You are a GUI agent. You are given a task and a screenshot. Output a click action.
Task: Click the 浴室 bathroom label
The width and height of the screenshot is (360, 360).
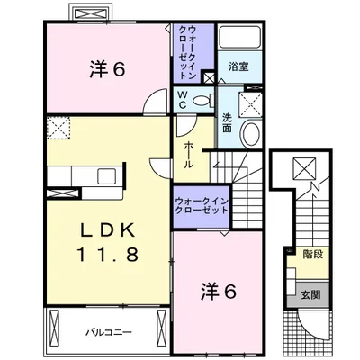click(238, 67)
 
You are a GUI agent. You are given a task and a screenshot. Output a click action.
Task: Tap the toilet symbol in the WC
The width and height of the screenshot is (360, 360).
click(203, 100)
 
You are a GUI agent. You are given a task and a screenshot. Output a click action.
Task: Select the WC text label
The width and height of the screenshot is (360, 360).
click(183, 100)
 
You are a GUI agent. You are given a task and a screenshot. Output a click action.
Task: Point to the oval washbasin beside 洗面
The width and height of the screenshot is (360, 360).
click(251, 134)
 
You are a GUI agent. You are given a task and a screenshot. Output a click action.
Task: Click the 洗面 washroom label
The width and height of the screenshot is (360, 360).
click(227, 122)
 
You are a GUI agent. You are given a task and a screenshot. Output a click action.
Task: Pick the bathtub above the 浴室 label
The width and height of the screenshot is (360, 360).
click(239, 37)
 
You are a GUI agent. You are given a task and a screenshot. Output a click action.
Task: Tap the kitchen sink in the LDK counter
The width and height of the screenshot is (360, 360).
click(107, 176)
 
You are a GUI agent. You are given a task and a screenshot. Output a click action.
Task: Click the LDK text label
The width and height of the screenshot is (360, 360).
click(108, 231)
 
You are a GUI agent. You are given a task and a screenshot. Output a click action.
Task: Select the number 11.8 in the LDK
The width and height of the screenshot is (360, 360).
click(108, 255)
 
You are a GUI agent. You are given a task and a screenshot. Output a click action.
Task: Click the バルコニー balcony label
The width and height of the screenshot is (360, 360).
click(109, 332)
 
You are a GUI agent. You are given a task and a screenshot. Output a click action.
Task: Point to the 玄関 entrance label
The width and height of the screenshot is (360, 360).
click(310, 295)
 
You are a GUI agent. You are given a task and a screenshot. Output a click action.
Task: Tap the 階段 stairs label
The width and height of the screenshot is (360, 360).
click(313, 255)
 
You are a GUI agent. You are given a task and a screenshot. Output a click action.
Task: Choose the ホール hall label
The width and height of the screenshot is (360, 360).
click(188, 155)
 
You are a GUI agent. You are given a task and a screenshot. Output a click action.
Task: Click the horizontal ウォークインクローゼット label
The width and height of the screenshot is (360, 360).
click(202, 205)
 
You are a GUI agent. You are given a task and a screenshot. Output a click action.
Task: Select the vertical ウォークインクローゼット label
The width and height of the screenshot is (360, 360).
click(188, 52)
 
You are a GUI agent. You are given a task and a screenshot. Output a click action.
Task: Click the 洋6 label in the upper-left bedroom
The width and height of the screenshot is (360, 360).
click(107, 69)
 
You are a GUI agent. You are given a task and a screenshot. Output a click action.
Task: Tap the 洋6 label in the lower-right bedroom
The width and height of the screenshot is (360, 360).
click(219, 291)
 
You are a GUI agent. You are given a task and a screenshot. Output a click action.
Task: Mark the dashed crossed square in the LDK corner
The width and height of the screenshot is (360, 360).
click(58, 128)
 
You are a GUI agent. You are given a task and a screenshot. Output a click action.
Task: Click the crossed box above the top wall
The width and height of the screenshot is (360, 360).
click(92, 13)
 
